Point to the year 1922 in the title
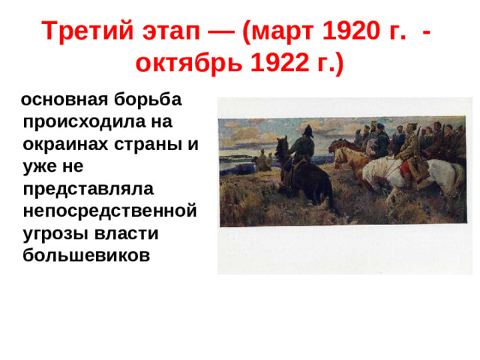[x=270, y=64]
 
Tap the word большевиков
[x=87, y=255]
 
